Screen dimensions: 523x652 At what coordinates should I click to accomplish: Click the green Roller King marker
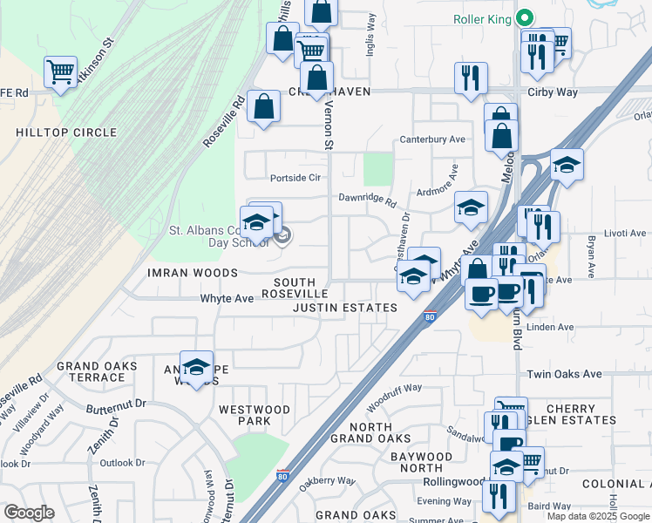524,17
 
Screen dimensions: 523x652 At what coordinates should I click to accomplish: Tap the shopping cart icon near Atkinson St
60,71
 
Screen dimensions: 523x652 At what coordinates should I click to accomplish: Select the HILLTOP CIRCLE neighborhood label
65,132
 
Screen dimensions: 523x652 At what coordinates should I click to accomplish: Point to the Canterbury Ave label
432,139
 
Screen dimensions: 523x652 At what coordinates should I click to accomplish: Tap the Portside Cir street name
295,177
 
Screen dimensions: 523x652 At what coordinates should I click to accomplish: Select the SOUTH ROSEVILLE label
301,289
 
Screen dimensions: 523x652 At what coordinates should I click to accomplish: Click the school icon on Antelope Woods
197,366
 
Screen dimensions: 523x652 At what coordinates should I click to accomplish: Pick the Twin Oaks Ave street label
564,374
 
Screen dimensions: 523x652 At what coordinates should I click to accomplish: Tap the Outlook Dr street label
122,463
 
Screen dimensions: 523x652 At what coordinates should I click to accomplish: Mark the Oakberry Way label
327,480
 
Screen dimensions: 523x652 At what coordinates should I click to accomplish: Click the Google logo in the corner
29,513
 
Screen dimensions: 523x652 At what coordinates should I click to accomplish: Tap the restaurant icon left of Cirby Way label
470,78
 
